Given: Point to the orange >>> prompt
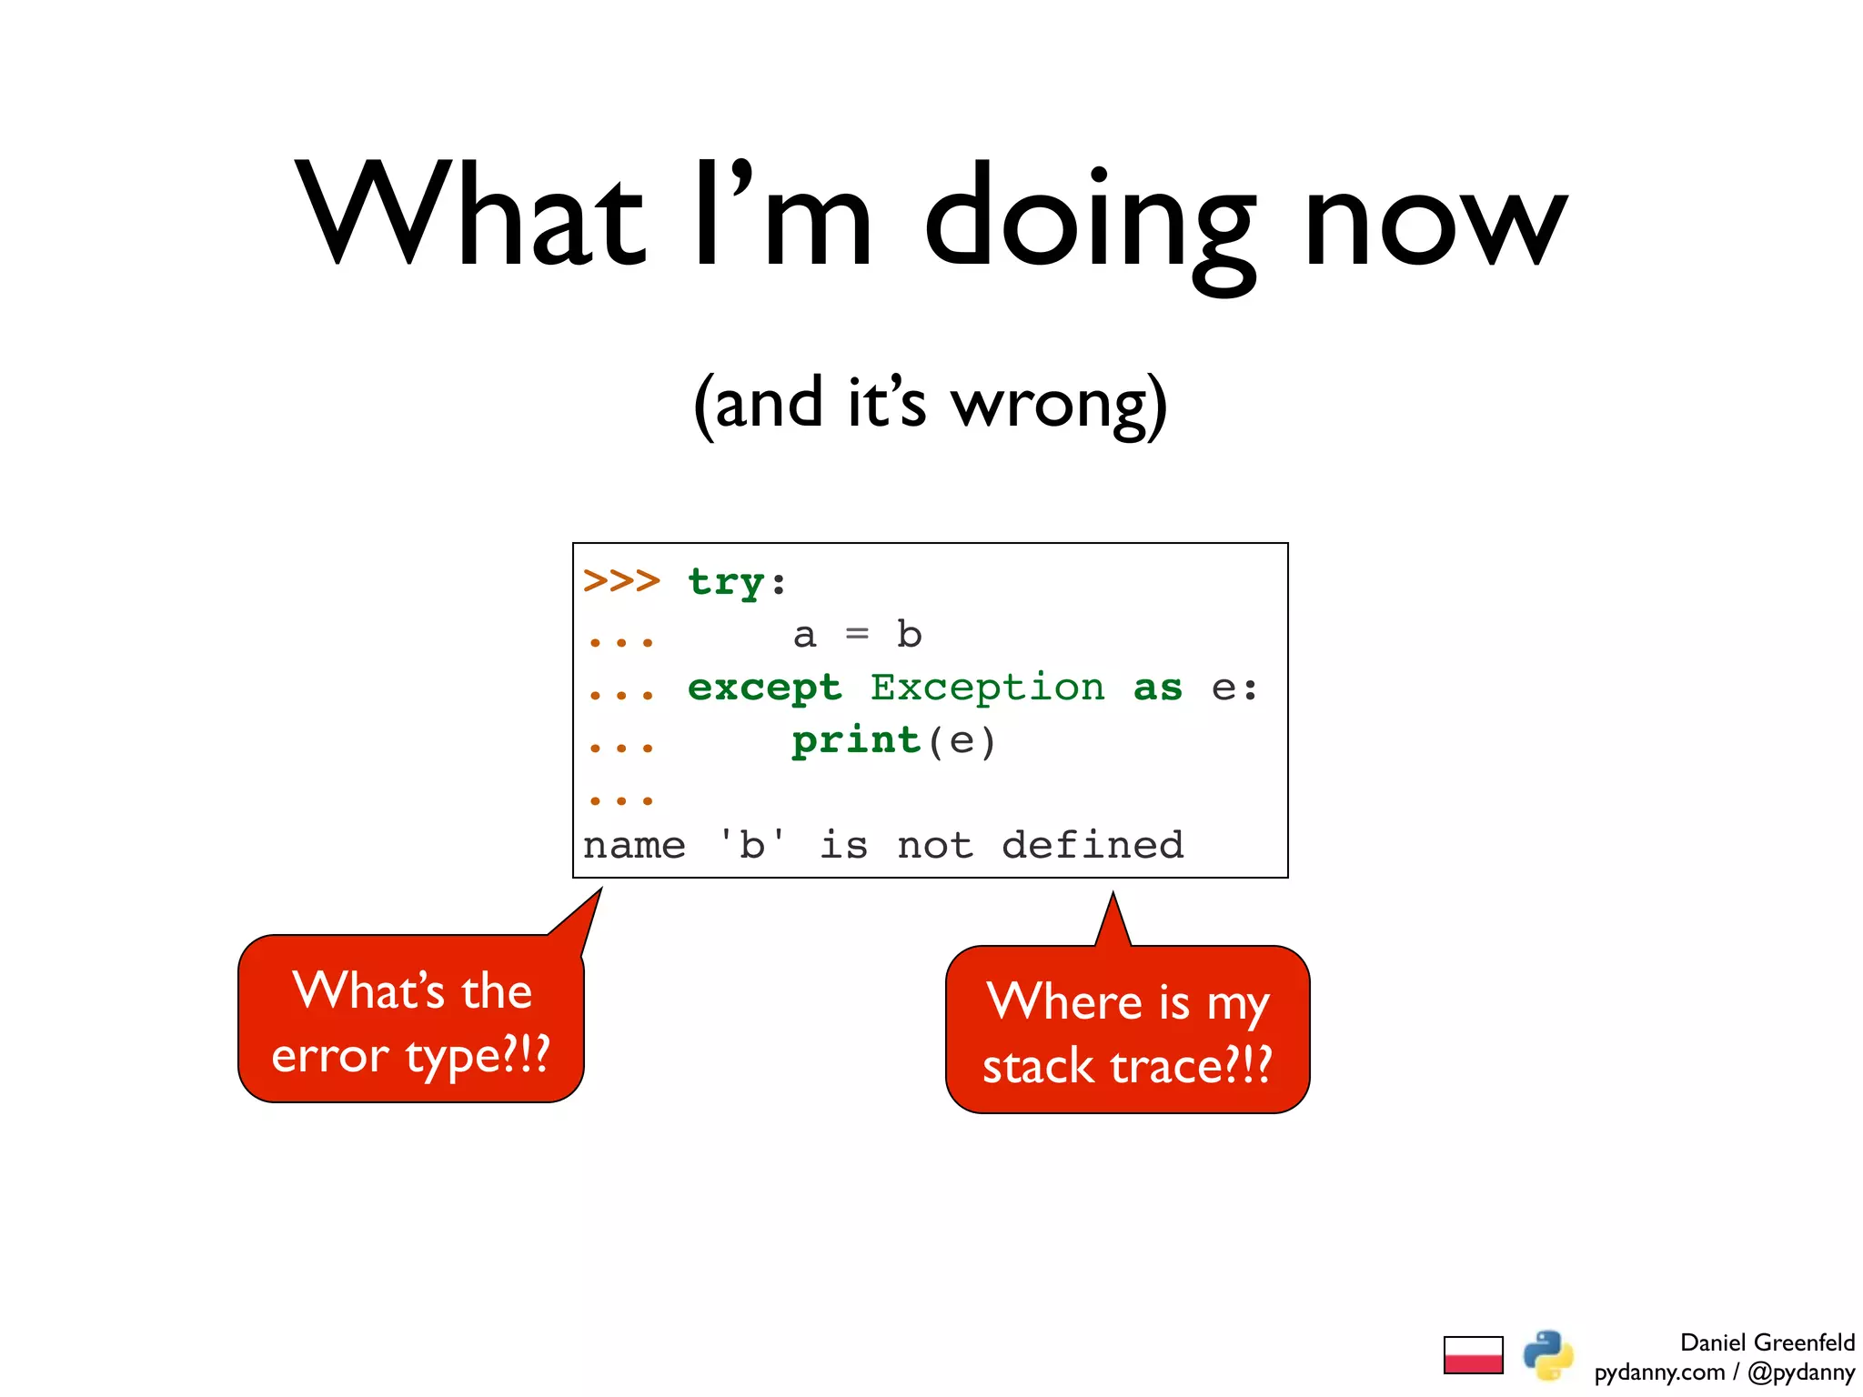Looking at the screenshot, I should click(x=621, y=580).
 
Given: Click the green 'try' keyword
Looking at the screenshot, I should click(x=725, y=582).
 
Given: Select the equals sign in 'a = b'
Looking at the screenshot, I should click(x=857, y=634).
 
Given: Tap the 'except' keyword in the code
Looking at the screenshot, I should click(x=764, y=688).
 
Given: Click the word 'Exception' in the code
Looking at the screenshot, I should click(x=987, y=688).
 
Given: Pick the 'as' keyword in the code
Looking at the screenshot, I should click(x=1157, y=688).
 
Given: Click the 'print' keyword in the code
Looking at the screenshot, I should click(x=856, y=741).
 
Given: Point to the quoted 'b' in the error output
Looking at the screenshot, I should click(x=751, y=845).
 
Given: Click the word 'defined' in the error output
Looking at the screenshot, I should click(x=1092, y=846).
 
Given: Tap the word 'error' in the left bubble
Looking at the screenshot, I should click(x=330, y=1058).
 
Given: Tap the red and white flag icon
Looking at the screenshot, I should click(x=1473, y=1355).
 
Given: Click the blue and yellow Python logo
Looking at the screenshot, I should click(x=1547, y=1355).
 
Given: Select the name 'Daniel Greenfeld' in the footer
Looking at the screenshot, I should click(x=1766, y=1342).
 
